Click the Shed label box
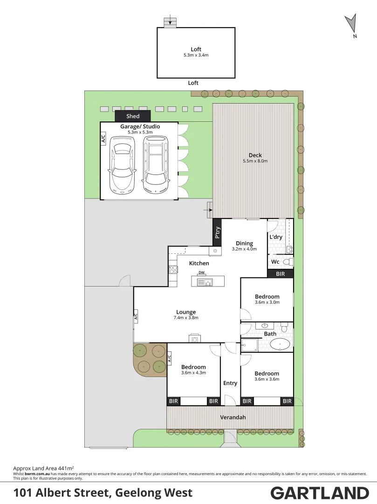coord(133,116)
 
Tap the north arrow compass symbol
coord(350,24)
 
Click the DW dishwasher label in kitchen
coord(202,273)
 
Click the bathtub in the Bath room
coord(280,344)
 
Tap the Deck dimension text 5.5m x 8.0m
coord(255,161)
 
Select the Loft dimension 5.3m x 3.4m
coord(196,55)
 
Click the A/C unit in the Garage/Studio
coord(103,139)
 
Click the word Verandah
coord(233,417)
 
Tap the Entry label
coord(230,383)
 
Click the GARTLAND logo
coord(319,493)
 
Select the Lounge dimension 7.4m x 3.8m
coord(186,318)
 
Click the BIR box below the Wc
coord(280,274)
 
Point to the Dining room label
coord(244,243)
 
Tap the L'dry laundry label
coord(276,237)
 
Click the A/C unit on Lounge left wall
coord(136,316)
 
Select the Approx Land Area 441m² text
coord(44,467)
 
